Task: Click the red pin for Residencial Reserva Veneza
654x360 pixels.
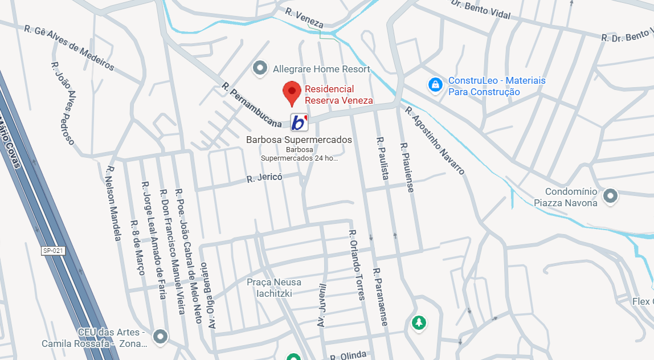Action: pyautogui.click(x=292, y=93)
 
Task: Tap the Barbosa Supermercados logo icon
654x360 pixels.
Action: pyautogui.click(x=299, y=122)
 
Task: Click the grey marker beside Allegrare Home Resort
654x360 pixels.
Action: pyautogui.click(x=260, y=69)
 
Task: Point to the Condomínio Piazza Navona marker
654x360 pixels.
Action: pyautogui.click(x=610, y=196)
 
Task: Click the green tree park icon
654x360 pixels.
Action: pyautogui.click(x=419, y=323)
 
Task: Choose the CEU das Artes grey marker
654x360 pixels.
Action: pyautogui.click(x=161, y=337)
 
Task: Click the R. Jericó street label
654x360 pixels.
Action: pyautogui.click(x=264, y=178)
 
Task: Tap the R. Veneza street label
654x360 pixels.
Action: pyautogui.click(x=305, y=18)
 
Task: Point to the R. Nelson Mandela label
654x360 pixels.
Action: pyautogui.click(x=113, y=203)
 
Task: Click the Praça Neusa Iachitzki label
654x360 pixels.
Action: pyautogui.click(x=274, y=288)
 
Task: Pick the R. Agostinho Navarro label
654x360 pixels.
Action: pyautogui.click(x=435, y=140)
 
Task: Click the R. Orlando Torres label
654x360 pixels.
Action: pyautogui.click(x=357, y=264)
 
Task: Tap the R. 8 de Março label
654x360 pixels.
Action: pyautogui.click(x=138, y=248)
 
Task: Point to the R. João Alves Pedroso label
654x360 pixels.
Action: pyautogui.click(x=63, y=103)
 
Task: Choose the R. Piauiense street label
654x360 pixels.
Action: pyautogui.click(x=407, y=167)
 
